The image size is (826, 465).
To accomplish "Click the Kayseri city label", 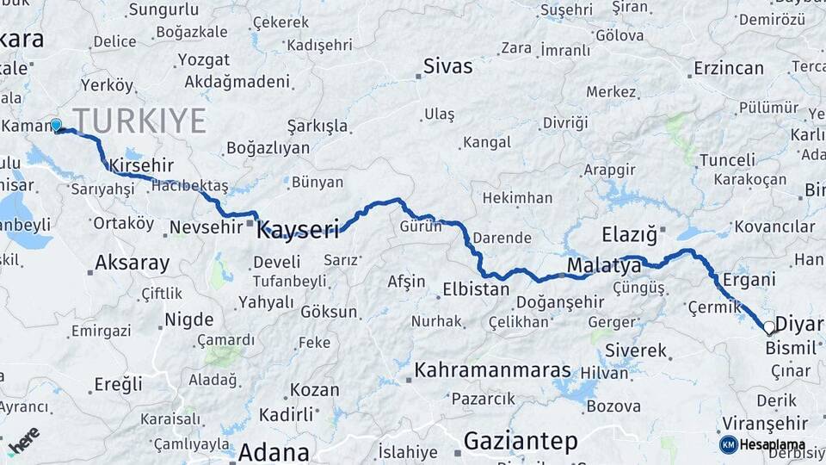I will pyautogui.click(x=298, y=228).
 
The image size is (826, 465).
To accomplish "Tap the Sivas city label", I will pyautogui.click(x=447, y=65).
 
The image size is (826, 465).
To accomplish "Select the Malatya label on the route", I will pyautogui.click(x=604, y=266).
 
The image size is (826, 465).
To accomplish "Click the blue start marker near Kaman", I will pyautogui.click(x=57, y=126).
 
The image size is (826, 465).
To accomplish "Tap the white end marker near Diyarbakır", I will pyautogui.click(x=769, y=327).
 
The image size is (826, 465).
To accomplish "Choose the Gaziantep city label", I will pyautogui.click(x=521, y=442).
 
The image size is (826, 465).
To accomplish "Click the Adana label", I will pyautogui.click(x=274, y=452).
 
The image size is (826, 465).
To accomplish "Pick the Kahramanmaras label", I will pyautogui.click(x=492, y=370).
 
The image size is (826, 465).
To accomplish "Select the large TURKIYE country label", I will pyautogui.click(x=139, y=120).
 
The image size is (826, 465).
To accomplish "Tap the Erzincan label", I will pyautogui.click(x=729, y=68).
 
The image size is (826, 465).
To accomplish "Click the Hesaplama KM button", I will pyautogui.click(x=762, y=444).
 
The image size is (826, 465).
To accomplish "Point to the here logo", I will pyautogui.click(x=23, y=440).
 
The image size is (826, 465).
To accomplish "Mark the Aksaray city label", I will pyautogui.click(x=133, y=263).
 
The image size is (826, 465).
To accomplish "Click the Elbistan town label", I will pyautogui.click(x=476, y=289).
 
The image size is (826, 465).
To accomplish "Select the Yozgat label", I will pyautogui.click(x=204, y=60).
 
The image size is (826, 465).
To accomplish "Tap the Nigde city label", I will pyautogui.click(x=188, y=319).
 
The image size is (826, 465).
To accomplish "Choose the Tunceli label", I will pyautogui.click(x=727, y=160).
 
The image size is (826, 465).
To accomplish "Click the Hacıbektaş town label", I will pyautogui.click(x=189, y=186).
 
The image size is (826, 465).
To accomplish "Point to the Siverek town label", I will pyautogui.click(x=636, y=350).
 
